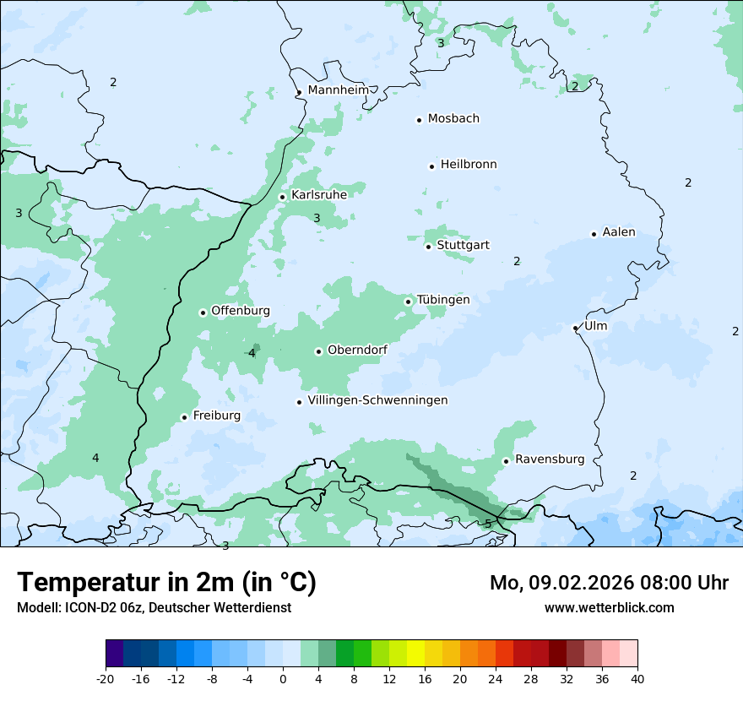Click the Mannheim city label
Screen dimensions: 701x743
pyautogui.click(x=338, y=90)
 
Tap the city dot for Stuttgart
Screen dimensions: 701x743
pyautogui.click(x=428, y=247)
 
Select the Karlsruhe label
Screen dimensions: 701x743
pyautogui.click(x=318, y=195)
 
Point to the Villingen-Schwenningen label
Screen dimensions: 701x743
pyautogui.click(x=377, y=400)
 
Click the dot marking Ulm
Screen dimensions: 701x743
pyautogui.click(x=575, y=328)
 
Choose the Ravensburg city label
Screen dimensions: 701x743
pyautogui.click(x=549, y=459)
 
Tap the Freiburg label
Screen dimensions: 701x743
pyautogui.click(x=216, y=416)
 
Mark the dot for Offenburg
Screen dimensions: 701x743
pyautogui.click(x=203, y=312)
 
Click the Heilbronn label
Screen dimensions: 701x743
pyautogui.click(x=469, y=165)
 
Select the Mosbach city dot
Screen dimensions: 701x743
pyautogui.click(x=419, y=120)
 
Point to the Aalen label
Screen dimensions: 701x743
pyautogui.click(x=619, y=232)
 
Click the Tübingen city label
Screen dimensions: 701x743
pyautogui.click(x=442, y=300)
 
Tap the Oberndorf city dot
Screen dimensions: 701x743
pyautogui.click(x=318, y=351)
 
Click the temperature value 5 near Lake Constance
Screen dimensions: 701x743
pyautogui.click(x=488, y=524)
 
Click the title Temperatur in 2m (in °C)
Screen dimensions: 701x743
pyautogui.click(x=166, y=583)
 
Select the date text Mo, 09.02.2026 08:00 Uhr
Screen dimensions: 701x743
pyautogui.click(x=609, y=583)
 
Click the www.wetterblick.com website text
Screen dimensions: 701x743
pyautogui.click(x=609, y=608)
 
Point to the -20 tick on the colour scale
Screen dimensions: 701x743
pyautogui.click(x=106, y=678)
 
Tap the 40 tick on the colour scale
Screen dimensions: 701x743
pyautogui.click(x=637, y=678)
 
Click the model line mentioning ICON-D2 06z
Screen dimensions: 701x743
pyautogui.click(x=154, y=608)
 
